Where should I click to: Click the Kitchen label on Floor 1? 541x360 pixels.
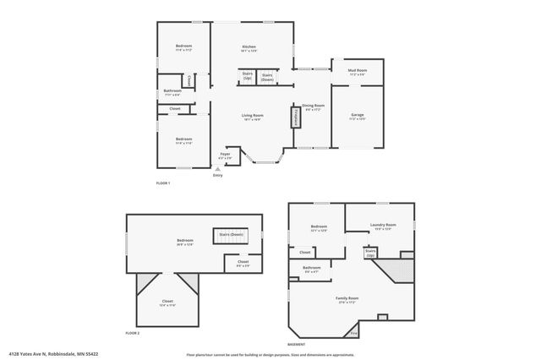249,47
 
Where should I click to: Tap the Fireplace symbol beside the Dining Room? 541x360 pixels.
296,117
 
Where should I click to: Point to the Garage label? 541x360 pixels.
358,115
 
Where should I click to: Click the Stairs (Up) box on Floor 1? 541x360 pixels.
247,76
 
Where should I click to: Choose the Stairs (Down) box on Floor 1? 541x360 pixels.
267,76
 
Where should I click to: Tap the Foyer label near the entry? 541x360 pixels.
226,155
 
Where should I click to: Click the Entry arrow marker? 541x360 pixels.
218,169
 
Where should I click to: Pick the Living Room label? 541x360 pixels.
253,117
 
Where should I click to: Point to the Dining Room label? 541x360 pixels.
313,106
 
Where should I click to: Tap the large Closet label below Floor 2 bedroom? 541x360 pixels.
167,303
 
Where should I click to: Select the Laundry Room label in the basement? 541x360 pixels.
383,226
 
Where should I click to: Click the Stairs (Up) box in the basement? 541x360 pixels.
370,252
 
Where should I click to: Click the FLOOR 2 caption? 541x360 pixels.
133,334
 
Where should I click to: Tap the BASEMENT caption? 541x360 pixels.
296,345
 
